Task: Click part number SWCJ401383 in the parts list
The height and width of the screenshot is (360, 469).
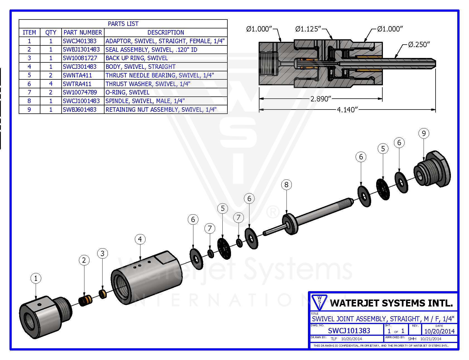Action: (x=80, y=41)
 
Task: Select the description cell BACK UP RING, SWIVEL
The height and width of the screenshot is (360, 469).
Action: (x=137, y=58)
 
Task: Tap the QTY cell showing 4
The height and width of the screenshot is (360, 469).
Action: (x=51, y=84)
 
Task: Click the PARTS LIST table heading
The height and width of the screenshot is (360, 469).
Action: (x=123, y=24)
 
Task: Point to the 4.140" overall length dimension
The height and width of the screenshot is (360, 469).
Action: (x=347, y=110)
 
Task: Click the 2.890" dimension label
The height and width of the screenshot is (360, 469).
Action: (x=321, y=99)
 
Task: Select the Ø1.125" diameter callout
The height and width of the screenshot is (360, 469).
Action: (x=308, y=29)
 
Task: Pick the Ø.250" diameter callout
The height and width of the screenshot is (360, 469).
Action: (x=419, y=45)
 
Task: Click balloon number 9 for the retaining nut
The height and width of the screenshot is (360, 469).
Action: (x=424, y=133)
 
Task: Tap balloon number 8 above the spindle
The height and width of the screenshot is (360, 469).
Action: (x=286, y=184)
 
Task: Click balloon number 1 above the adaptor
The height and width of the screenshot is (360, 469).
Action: (x=36, y=278)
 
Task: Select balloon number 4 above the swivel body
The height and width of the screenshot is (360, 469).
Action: (x=140, y=239)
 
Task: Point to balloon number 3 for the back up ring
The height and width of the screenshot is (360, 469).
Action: (x=103, y=253)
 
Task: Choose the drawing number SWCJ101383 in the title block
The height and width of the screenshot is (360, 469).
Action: (x=349, y=330)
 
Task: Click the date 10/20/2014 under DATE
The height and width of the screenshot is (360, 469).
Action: (x=439, y=331)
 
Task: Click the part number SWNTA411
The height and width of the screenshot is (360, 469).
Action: (x=77, y=75)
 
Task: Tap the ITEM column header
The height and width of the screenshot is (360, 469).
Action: (x=29, y=32)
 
